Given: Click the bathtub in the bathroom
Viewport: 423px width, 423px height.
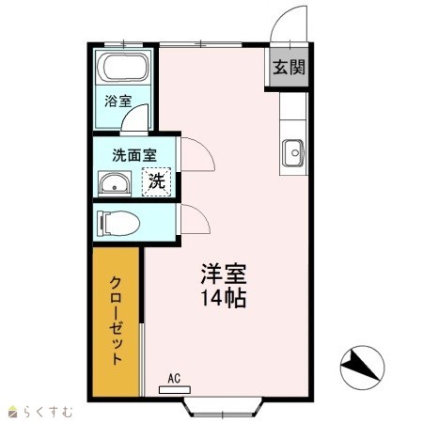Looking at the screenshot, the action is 122,68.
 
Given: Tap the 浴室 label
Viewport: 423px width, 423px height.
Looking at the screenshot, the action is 117,101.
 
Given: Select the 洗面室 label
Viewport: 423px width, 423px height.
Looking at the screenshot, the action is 134,155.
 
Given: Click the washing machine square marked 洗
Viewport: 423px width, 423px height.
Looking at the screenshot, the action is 157,181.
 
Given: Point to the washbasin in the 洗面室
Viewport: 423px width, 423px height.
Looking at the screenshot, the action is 115,184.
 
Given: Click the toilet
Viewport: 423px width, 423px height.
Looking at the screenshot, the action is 118,223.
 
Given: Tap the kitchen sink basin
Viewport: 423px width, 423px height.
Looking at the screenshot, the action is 293,153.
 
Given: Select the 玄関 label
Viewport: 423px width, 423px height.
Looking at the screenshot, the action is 289,67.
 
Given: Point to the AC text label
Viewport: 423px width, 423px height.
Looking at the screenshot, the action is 174,378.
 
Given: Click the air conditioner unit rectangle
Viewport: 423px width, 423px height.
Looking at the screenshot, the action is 175,390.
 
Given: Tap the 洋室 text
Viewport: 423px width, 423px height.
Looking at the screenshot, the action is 224,274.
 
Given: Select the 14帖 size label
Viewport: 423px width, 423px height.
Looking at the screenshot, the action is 223,298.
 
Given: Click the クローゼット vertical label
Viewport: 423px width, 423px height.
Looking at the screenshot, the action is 116,321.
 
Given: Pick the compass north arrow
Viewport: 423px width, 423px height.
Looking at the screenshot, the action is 360,366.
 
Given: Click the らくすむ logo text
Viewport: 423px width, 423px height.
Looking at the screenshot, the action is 48,412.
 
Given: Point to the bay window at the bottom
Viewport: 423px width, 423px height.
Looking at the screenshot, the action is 223,407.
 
